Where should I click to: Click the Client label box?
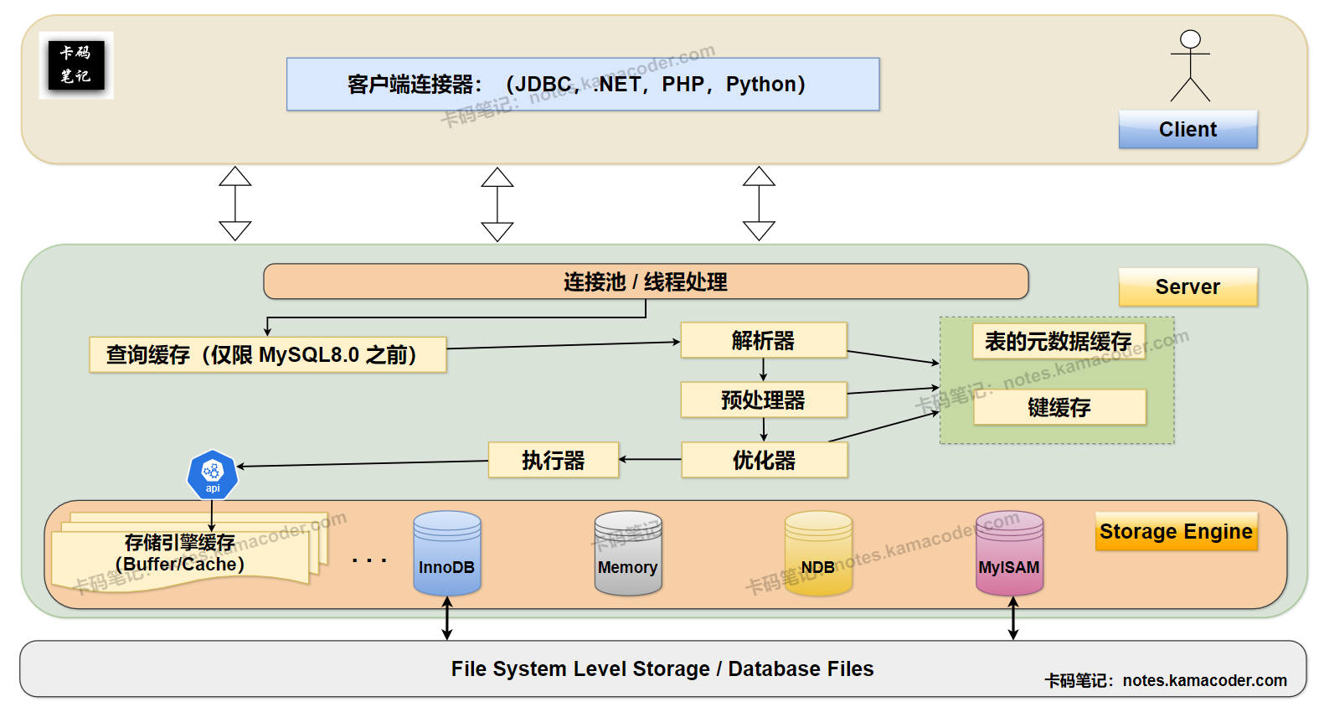[1187, 130]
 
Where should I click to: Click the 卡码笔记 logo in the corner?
[76, 65]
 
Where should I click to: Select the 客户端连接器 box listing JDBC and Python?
[583, 85]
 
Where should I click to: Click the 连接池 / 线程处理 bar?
[646, 281]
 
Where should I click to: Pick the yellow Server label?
[1187, 287]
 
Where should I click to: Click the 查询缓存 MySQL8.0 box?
[268, 355]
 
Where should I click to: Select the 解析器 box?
[763, 340]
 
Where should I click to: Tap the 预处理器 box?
[763, 400]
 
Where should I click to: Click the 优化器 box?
[764, 460]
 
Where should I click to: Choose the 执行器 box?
[554, 460]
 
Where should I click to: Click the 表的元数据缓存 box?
[1058, 341]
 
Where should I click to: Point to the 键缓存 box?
[1059, 407]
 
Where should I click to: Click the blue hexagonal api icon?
[213, 475]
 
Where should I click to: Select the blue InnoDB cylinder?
[446, 554]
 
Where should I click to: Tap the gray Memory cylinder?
[627, 554]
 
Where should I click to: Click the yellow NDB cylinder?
[818, 554]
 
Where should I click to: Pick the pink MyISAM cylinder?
[1009, 554]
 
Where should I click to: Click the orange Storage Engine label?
[1176, 532]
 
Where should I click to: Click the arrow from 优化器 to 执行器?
[650, 459]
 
